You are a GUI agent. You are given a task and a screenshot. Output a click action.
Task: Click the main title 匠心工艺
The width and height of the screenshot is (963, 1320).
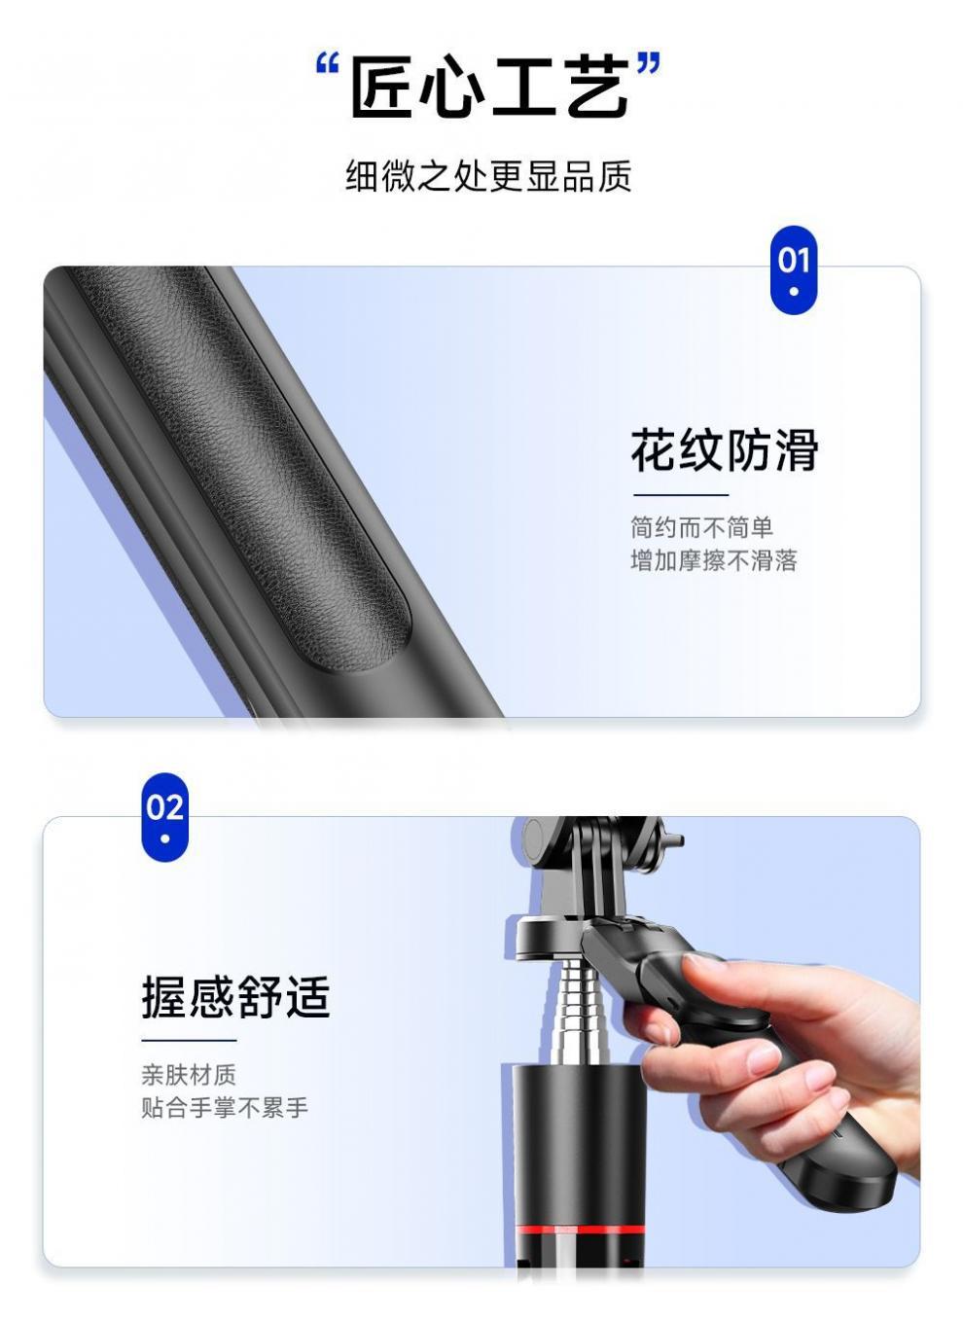[489, 88]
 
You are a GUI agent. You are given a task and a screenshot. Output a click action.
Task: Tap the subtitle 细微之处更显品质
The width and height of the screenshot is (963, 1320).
[488, 176]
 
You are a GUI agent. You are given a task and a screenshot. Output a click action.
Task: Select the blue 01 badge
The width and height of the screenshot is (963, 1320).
[794, 269]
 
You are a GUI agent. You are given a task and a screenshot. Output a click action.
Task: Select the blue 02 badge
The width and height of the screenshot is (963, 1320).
[164, 816]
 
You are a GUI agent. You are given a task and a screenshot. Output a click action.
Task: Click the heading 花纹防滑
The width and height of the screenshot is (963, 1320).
[725, 450]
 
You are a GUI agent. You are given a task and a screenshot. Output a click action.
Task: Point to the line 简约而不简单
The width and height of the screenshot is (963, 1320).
[701, 527]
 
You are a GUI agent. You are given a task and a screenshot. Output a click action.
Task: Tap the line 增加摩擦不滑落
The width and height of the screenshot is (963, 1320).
[713, 560]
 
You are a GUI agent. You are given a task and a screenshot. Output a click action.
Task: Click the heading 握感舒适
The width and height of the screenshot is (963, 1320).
[235, 997]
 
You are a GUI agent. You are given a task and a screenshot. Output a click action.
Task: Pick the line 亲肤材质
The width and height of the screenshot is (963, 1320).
[189, 1075]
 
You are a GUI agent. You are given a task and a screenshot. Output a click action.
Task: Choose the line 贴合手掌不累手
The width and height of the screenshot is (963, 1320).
[224, 1108]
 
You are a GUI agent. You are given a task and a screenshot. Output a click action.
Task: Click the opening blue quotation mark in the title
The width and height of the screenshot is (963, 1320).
[328, 67]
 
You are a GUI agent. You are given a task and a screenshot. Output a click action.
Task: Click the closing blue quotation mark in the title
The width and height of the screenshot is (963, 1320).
[648, 67]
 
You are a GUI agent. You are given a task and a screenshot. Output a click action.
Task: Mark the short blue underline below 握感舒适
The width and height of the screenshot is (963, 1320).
[189, 1041]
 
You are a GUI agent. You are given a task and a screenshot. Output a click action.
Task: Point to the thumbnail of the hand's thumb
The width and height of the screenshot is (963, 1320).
[702, 963]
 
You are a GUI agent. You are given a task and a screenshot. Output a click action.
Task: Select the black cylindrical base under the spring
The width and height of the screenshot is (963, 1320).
[574, 1138]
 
